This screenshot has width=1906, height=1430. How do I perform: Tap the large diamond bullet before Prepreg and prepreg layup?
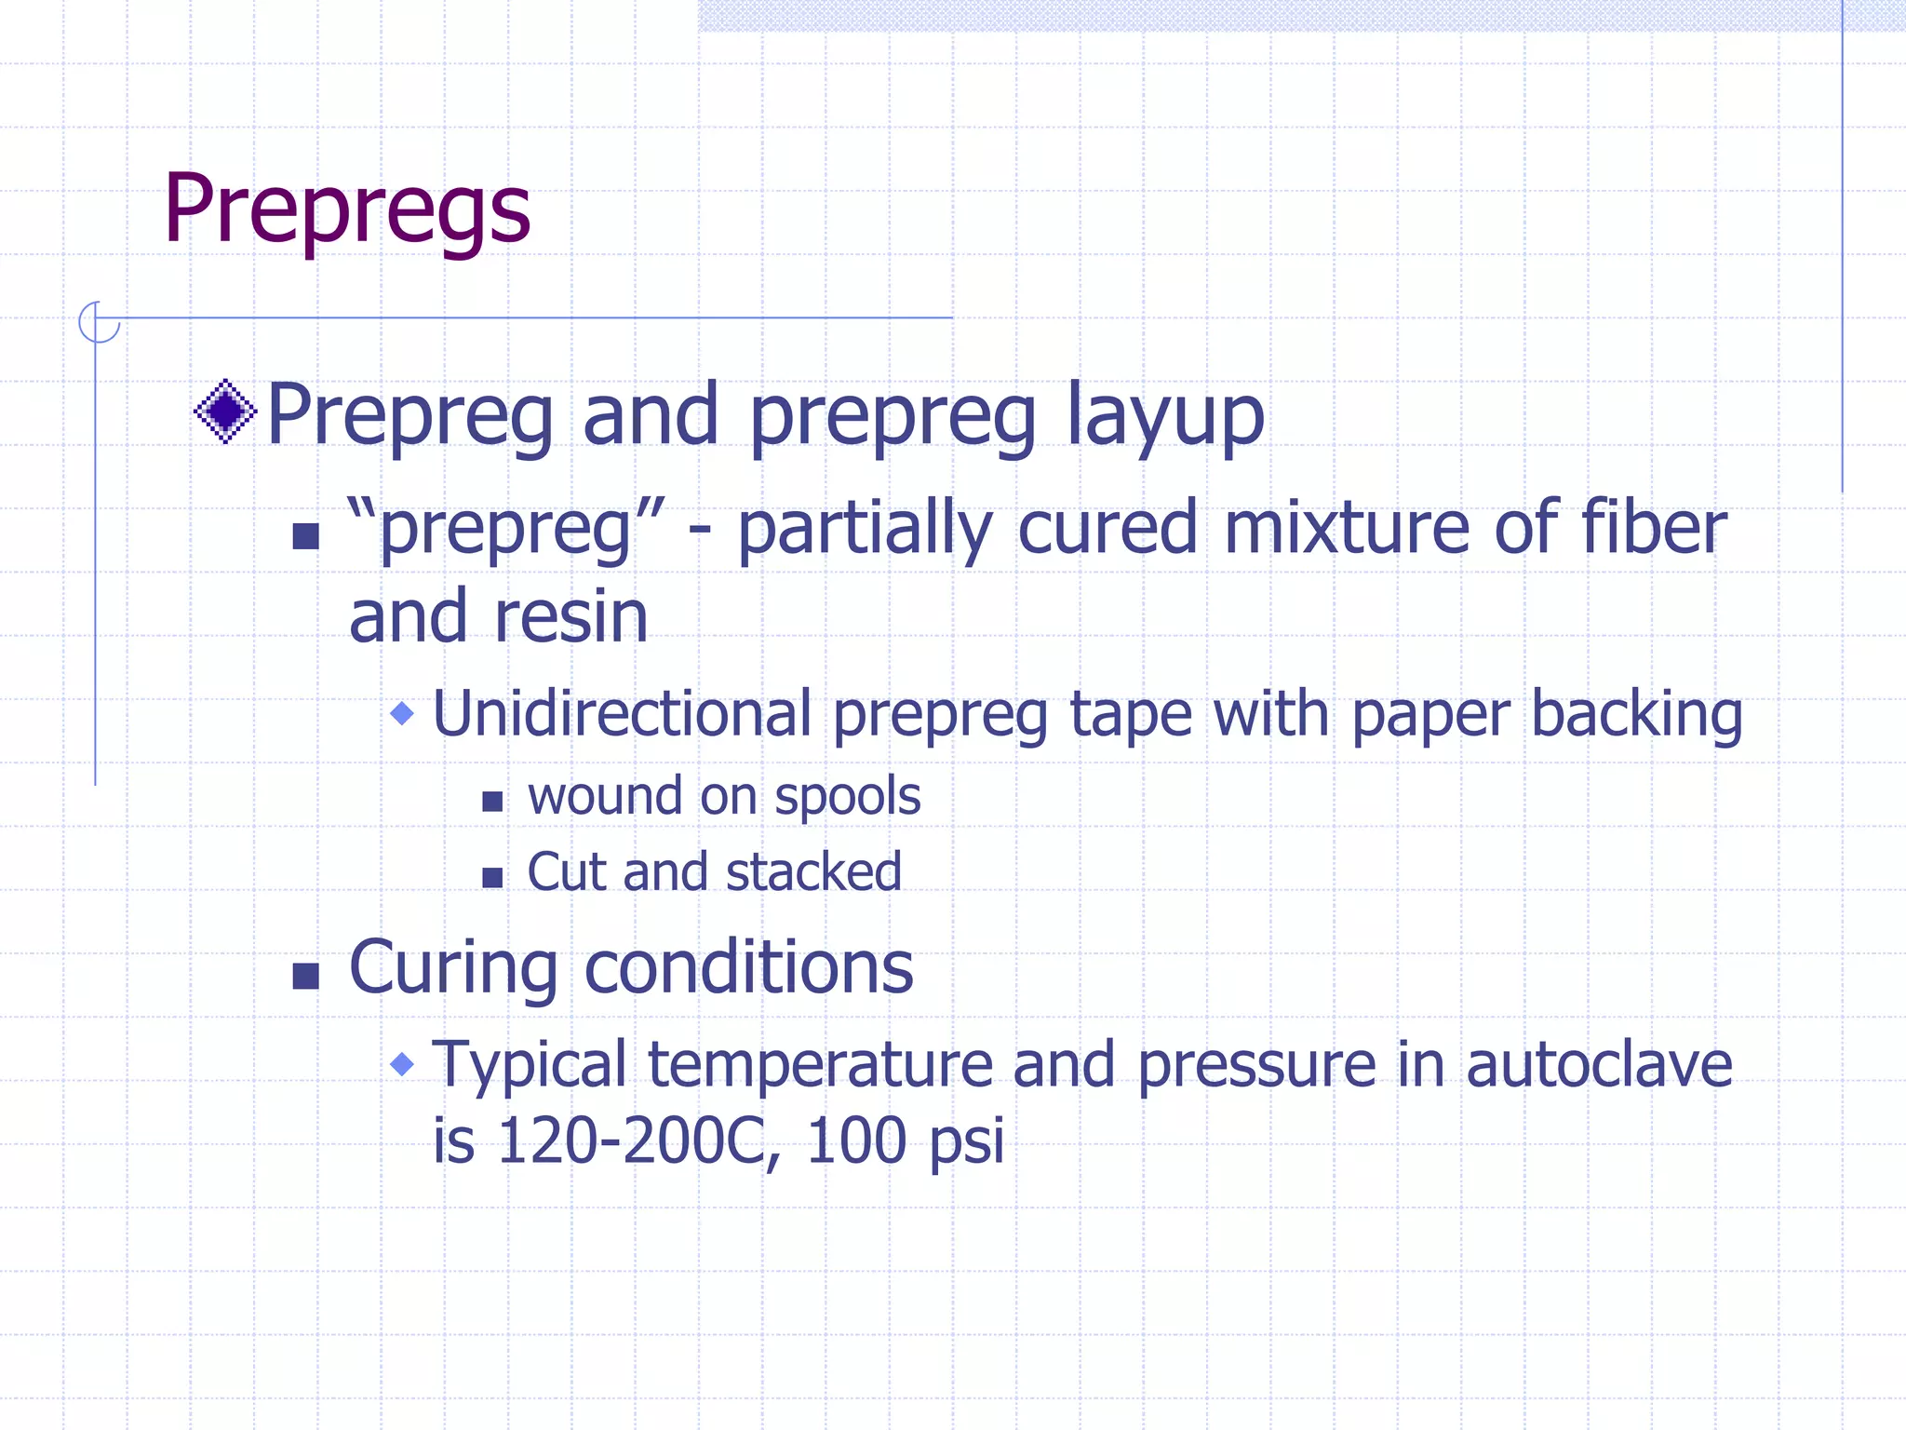(225, 411)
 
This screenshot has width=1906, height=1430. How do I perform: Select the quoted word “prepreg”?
(506, 529)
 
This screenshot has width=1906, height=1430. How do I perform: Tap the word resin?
(570, 616)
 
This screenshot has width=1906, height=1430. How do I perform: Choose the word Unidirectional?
(623, 714)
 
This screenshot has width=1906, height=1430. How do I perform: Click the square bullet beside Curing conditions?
(305, 975)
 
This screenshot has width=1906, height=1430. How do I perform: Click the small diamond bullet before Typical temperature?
(402, 1063)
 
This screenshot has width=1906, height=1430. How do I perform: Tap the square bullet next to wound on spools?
(492, 801)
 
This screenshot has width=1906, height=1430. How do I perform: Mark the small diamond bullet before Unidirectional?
(402, 714)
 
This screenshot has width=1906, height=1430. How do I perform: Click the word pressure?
(1256, 1066)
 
